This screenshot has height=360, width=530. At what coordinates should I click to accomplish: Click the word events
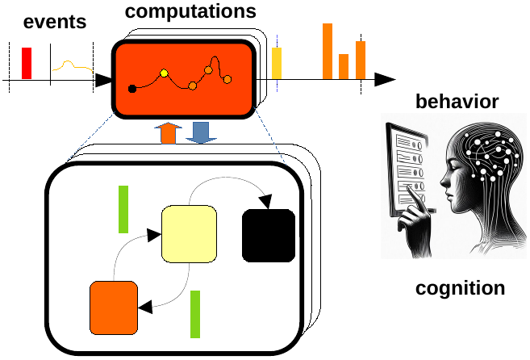55,21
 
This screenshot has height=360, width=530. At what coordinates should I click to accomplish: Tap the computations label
191,11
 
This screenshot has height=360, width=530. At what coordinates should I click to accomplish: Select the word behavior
457,102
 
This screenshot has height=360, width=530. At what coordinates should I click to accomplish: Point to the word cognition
460,288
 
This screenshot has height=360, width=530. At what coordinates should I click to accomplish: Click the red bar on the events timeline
27,63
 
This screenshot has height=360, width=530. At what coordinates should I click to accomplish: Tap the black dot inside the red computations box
132,88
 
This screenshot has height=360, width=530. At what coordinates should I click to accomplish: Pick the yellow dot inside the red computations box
165,73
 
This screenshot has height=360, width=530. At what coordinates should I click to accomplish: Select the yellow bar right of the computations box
277,63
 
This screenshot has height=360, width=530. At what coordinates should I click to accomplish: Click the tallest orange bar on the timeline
328,51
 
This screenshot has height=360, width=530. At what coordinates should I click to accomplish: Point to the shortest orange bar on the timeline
344,66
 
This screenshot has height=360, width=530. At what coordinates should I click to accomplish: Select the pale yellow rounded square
189,234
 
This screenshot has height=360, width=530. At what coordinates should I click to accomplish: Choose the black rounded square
269,235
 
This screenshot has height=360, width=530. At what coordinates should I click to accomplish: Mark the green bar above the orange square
123,209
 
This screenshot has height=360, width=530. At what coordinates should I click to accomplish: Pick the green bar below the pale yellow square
195,314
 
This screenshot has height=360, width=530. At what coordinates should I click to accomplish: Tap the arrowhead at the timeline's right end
386,79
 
